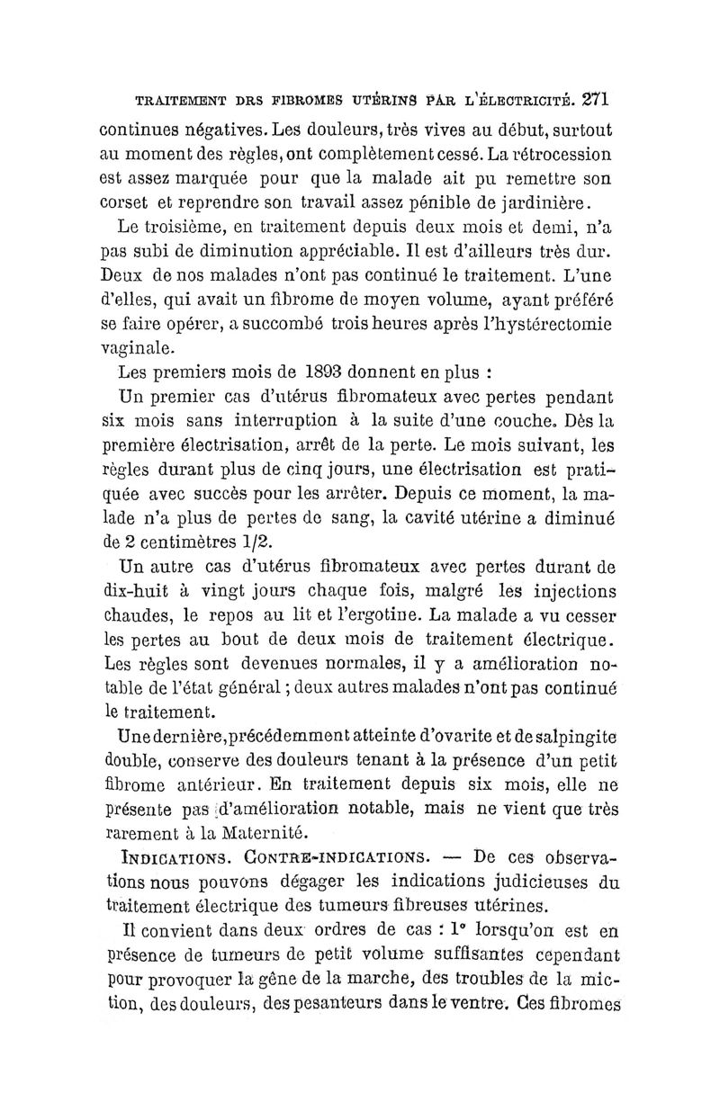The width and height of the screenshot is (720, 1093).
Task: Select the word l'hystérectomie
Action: [x=538, y=321]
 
